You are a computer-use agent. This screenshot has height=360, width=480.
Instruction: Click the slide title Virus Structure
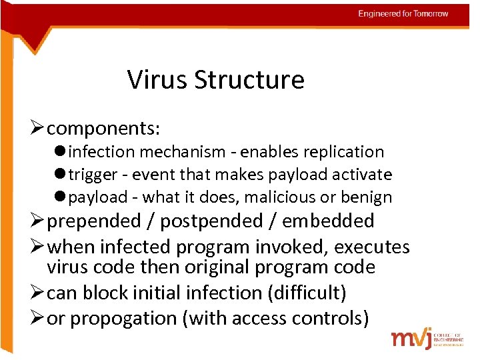215,80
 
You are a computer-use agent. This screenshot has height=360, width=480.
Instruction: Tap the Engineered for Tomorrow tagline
403,13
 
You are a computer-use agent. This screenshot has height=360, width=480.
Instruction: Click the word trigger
93,175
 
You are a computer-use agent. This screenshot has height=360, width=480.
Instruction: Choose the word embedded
328,221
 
